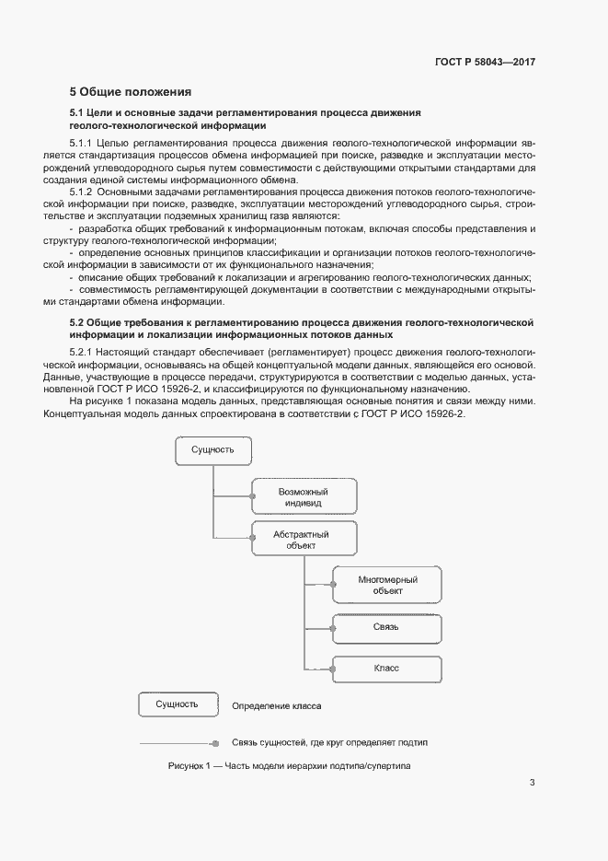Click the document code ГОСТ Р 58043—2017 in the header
pyautogui.click(x=485, y=62)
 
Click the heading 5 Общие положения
pyautogui.click(x=131, y=91)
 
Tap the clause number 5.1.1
pyautogui.click(x=83, y=144)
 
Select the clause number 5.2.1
pyautogui.click(x=83, y=354)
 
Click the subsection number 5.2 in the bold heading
pyautogui.click(x=77, y=322)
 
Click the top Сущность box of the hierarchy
pyautogui.click(x=213, y=450)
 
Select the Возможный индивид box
pyautogui.click(x=304, y=497)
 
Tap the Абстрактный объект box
pyautogui.click(x=302, y=540)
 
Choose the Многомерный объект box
pyautogui.click(x=387, y=585)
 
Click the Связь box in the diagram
pyautogui.click(x=387, y=626)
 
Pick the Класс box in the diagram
pyautogui.click(x=387, y=669)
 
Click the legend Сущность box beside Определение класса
pyautogui.click(x=178, y=705)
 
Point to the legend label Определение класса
pyautogui.click(x=277, y=706)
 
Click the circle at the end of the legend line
pyautogui.click(x=214, y=742)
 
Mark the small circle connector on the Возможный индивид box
pyautogui.click(x=252, y=497)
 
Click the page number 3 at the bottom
pyautogui.click(x=532, y=784)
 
